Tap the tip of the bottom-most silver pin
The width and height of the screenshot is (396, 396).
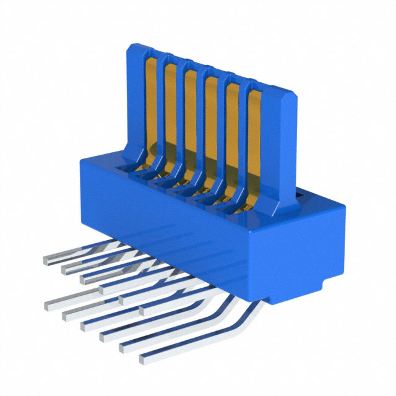click(144, 358)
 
